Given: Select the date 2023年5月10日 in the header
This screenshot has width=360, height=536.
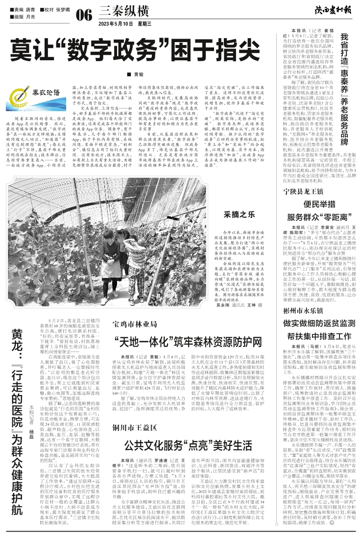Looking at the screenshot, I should tap(116, 23).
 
